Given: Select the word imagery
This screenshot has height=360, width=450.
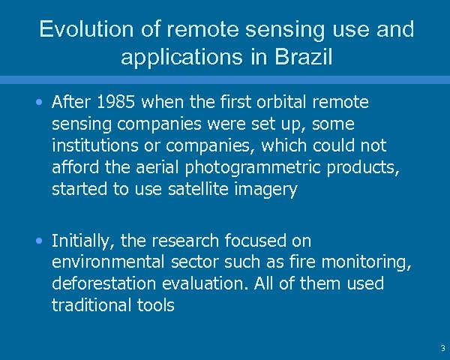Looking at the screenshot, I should (266, 190).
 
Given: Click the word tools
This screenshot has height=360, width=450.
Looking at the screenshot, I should (154, 306).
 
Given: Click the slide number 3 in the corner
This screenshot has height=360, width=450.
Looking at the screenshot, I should (442, 349).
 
